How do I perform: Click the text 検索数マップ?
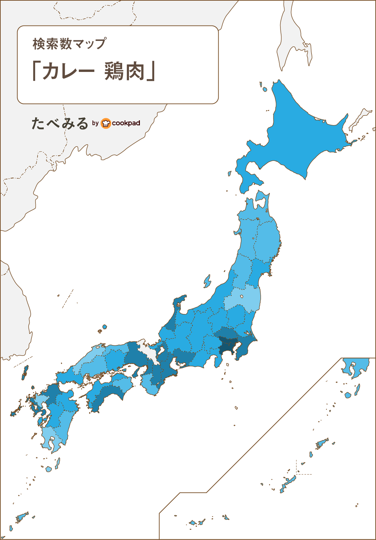click(x=69, y=44)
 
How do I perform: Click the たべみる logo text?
click(x=60, y=123)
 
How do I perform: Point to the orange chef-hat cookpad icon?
click(x=106, y=123)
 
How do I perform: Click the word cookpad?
click(x=126, y=123)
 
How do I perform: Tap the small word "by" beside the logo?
click(x=95, y=123)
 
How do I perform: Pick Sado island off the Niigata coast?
click(x=207, y=282)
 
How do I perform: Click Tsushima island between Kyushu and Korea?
click(x=25, y=372)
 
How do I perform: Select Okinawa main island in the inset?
click(x=288, y=483)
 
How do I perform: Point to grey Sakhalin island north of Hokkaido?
click(x=290, y=41)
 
